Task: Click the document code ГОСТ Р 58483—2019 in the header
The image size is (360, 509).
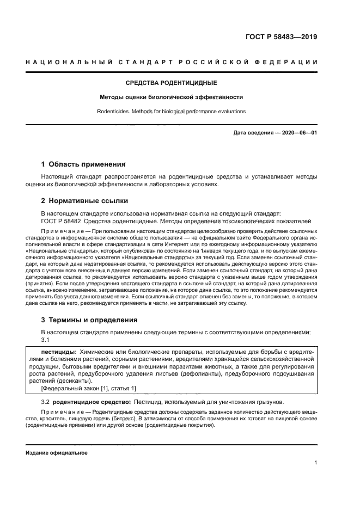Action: point(282,38)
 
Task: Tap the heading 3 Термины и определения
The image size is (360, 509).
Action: point(89,320)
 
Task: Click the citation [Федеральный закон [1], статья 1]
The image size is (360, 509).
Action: point(81,388)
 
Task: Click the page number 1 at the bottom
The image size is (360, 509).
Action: point(316,463)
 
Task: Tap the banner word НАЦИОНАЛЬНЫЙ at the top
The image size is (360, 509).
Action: point(69,63)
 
